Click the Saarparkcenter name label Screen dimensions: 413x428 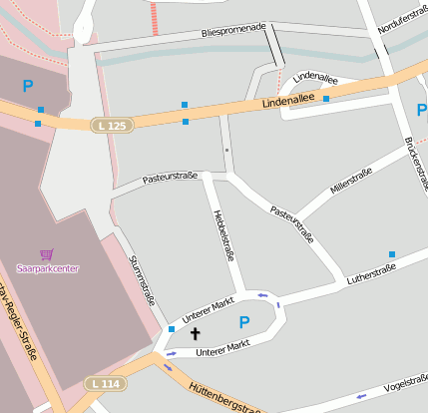pyautogui.click(x=48, y=268)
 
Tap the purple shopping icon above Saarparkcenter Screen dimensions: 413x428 pyautogui.click(x=46, y=254)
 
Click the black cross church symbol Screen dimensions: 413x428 pyautogui.click(x=195, y=333)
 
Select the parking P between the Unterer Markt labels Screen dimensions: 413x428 pyautogui.click(x=243, y=322)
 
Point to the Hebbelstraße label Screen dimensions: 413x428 pyautogui.click(x=223, y=235)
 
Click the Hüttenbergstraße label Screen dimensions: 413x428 pyautogui.click(x=225, y=396)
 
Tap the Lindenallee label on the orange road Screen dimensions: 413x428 pyautogui.click(x=288, y=101)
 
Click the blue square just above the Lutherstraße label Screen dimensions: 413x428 pyautogui.click(x=392, y=254)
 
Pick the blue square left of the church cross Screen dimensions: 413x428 pyautogui.click(x=172, y=328)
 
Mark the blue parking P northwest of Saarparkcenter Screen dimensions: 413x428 pyautogui.click(x=28, y=87)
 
